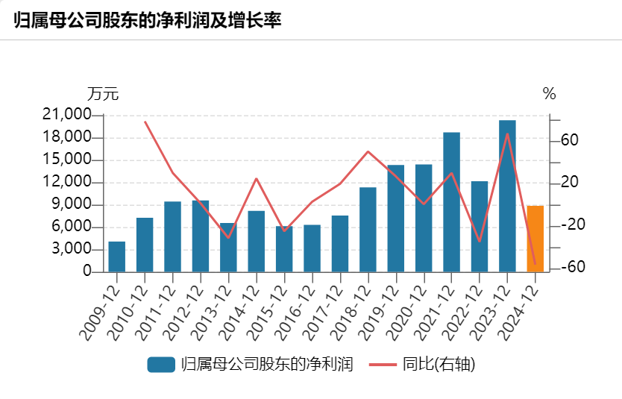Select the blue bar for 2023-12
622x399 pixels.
(x=507, y=196)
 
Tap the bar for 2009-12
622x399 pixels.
(x=117, y=257)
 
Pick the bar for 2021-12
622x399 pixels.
(x=451, y=202)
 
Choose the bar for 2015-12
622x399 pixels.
(x=284, y=249)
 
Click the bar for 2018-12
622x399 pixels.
(x=368, y=230)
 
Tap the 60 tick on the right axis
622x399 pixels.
(x=570, y=140)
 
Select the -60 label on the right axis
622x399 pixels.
(x=568, y=268)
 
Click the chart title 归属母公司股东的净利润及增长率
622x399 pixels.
(x=147, y=20)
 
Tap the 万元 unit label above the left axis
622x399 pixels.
(x=103, y=94)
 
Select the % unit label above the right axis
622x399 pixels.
(x=550, y=94)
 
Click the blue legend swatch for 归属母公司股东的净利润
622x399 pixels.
(x=161, y=365)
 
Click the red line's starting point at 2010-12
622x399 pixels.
(x=145, y=122)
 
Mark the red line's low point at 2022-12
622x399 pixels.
(x=479, y=242)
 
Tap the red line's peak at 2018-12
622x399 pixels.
(x=368, y=151)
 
